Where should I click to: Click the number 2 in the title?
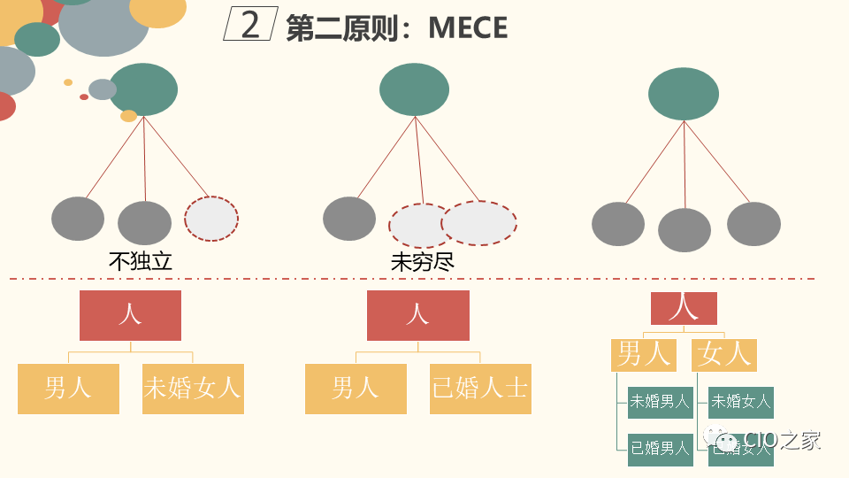tap(250, 26)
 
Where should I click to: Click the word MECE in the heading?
tap(468, 27)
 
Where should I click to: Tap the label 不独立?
tap(140, 261)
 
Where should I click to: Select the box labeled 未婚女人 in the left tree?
tap(193, 388)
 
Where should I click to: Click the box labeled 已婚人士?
tap(480, 388)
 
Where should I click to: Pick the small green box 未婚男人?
tap(659, 402)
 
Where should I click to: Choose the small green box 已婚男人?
tap(659, 449)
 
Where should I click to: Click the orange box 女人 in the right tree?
tap(724, 354)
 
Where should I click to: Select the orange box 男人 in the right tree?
tap(643, 354)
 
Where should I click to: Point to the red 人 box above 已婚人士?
tap(417, 315)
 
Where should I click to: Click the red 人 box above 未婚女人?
tap(130, 315)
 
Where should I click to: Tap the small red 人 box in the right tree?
tap(684, 308)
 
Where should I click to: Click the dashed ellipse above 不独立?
tap(211, 219)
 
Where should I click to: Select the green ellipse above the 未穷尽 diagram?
tap(415, 89)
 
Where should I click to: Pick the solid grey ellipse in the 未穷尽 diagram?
tap(349, 219)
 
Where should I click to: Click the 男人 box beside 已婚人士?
tap(356, 388)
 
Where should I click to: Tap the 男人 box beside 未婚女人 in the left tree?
tap(68, 388)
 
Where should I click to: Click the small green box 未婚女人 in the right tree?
tap(741, 402)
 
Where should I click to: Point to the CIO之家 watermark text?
tap(782, 440)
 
